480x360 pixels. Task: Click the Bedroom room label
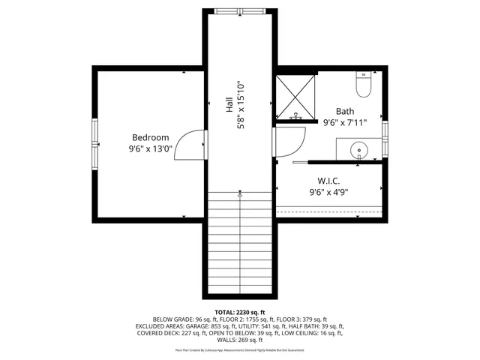pyautogui.click(x=150, y=137)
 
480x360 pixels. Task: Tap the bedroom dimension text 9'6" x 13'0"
pyautogui.click(x=150, y=148)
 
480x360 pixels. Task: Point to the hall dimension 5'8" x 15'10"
pyautogui.click(x=241, y=105)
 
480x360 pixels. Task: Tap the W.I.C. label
pyautogui.click(x=328, y=180)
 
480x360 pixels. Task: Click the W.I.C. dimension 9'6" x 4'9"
pyautogui.click(x=328, y=192)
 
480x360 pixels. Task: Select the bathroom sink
pyautogui.click(x=362, y=149)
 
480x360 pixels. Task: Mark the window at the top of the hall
pyautogui.click(x=240, y=10)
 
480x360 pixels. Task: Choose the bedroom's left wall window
pyautogui.click(x=94, y=144)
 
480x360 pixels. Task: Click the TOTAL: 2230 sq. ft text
pyautogui.click(x=240, y=312)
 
